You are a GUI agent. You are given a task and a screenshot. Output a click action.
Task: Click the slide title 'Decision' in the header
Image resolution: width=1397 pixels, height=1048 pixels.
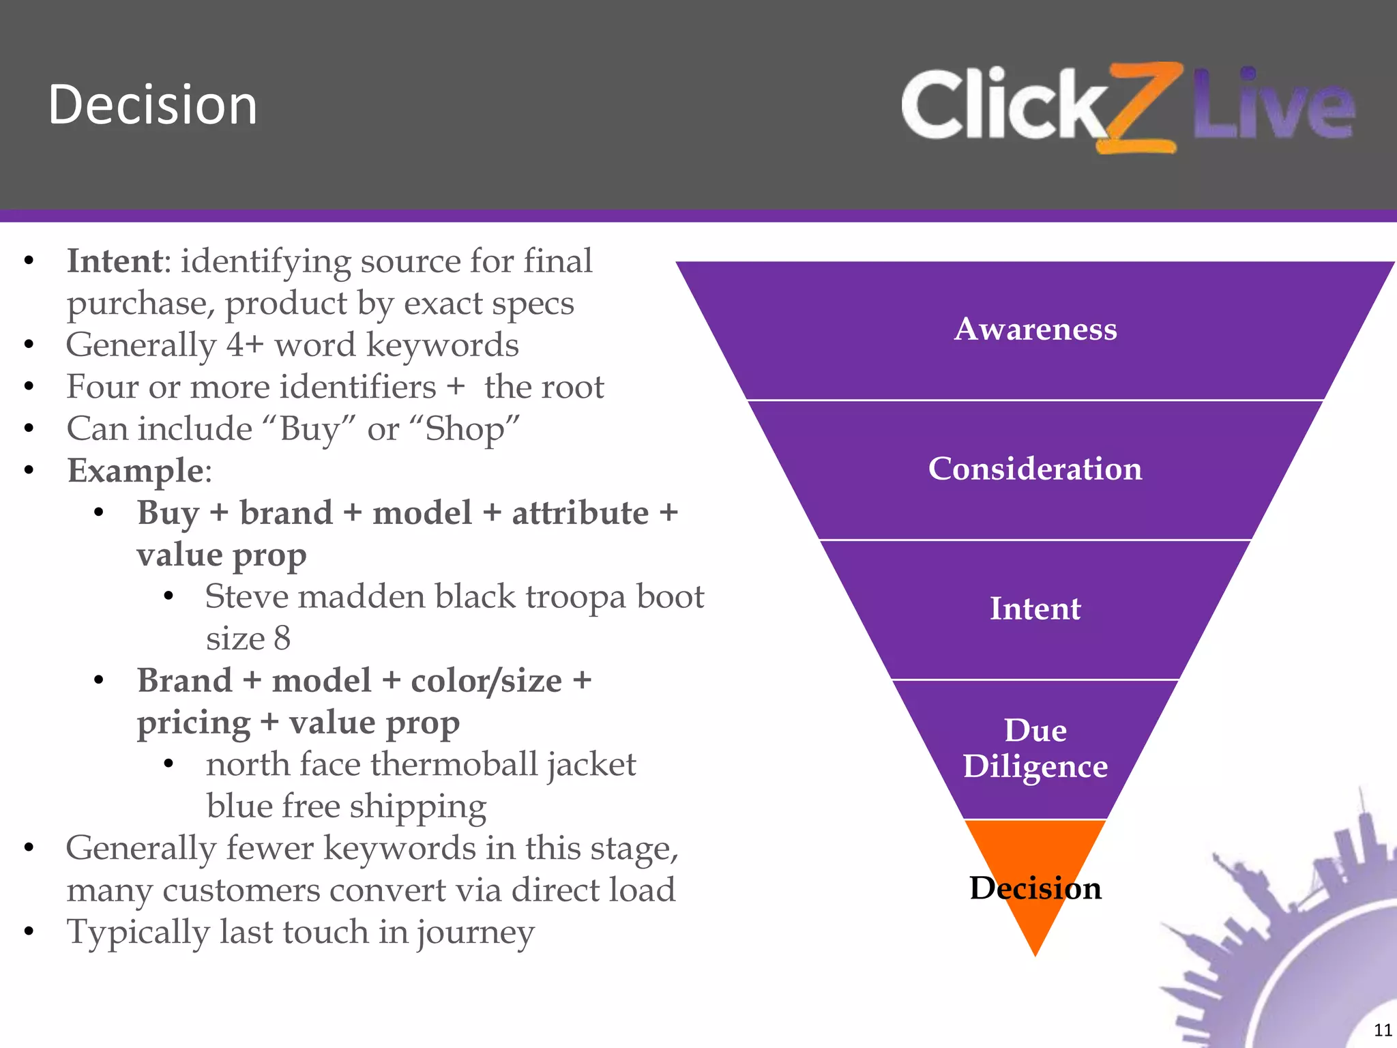coord(153,106)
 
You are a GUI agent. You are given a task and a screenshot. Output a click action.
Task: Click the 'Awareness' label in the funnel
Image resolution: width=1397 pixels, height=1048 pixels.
coord(1035,329)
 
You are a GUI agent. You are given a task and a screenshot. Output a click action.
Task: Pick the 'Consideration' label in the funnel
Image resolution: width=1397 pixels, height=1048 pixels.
coord(1035,469)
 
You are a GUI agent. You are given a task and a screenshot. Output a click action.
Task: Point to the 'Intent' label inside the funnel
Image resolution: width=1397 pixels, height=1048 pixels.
coord(1035,609)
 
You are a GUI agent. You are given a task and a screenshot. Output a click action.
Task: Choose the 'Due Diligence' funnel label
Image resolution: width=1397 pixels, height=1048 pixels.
coord(1035,748)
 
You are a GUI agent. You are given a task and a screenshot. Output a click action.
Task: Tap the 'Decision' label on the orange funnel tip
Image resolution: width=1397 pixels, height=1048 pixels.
coord(1035,888)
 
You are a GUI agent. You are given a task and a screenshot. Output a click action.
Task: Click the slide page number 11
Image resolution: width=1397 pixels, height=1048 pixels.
coord(1382,1030)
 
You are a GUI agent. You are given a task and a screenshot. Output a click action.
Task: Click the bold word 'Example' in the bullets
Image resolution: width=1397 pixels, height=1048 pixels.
coord(135,471)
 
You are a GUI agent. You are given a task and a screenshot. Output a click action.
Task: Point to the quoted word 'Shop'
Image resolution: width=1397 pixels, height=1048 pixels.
coord(465,429)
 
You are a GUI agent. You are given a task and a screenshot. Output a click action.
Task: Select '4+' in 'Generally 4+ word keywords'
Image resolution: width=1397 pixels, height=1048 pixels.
coord(244,345)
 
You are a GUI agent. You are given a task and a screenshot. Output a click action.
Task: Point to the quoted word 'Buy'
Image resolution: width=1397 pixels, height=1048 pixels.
coord(308,429)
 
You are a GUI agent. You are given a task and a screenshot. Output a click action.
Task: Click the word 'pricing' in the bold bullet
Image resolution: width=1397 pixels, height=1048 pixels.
coord(194,723)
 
